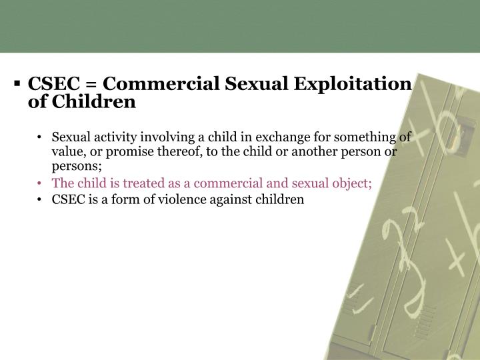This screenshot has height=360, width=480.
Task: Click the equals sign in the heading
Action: point(91,85)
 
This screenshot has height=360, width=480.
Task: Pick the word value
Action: point(66,151)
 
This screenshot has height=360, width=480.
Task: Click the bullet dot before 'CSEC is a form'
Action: point(41,199)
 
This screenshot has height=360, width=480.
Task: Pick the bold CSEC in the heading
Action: point(55,85)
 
